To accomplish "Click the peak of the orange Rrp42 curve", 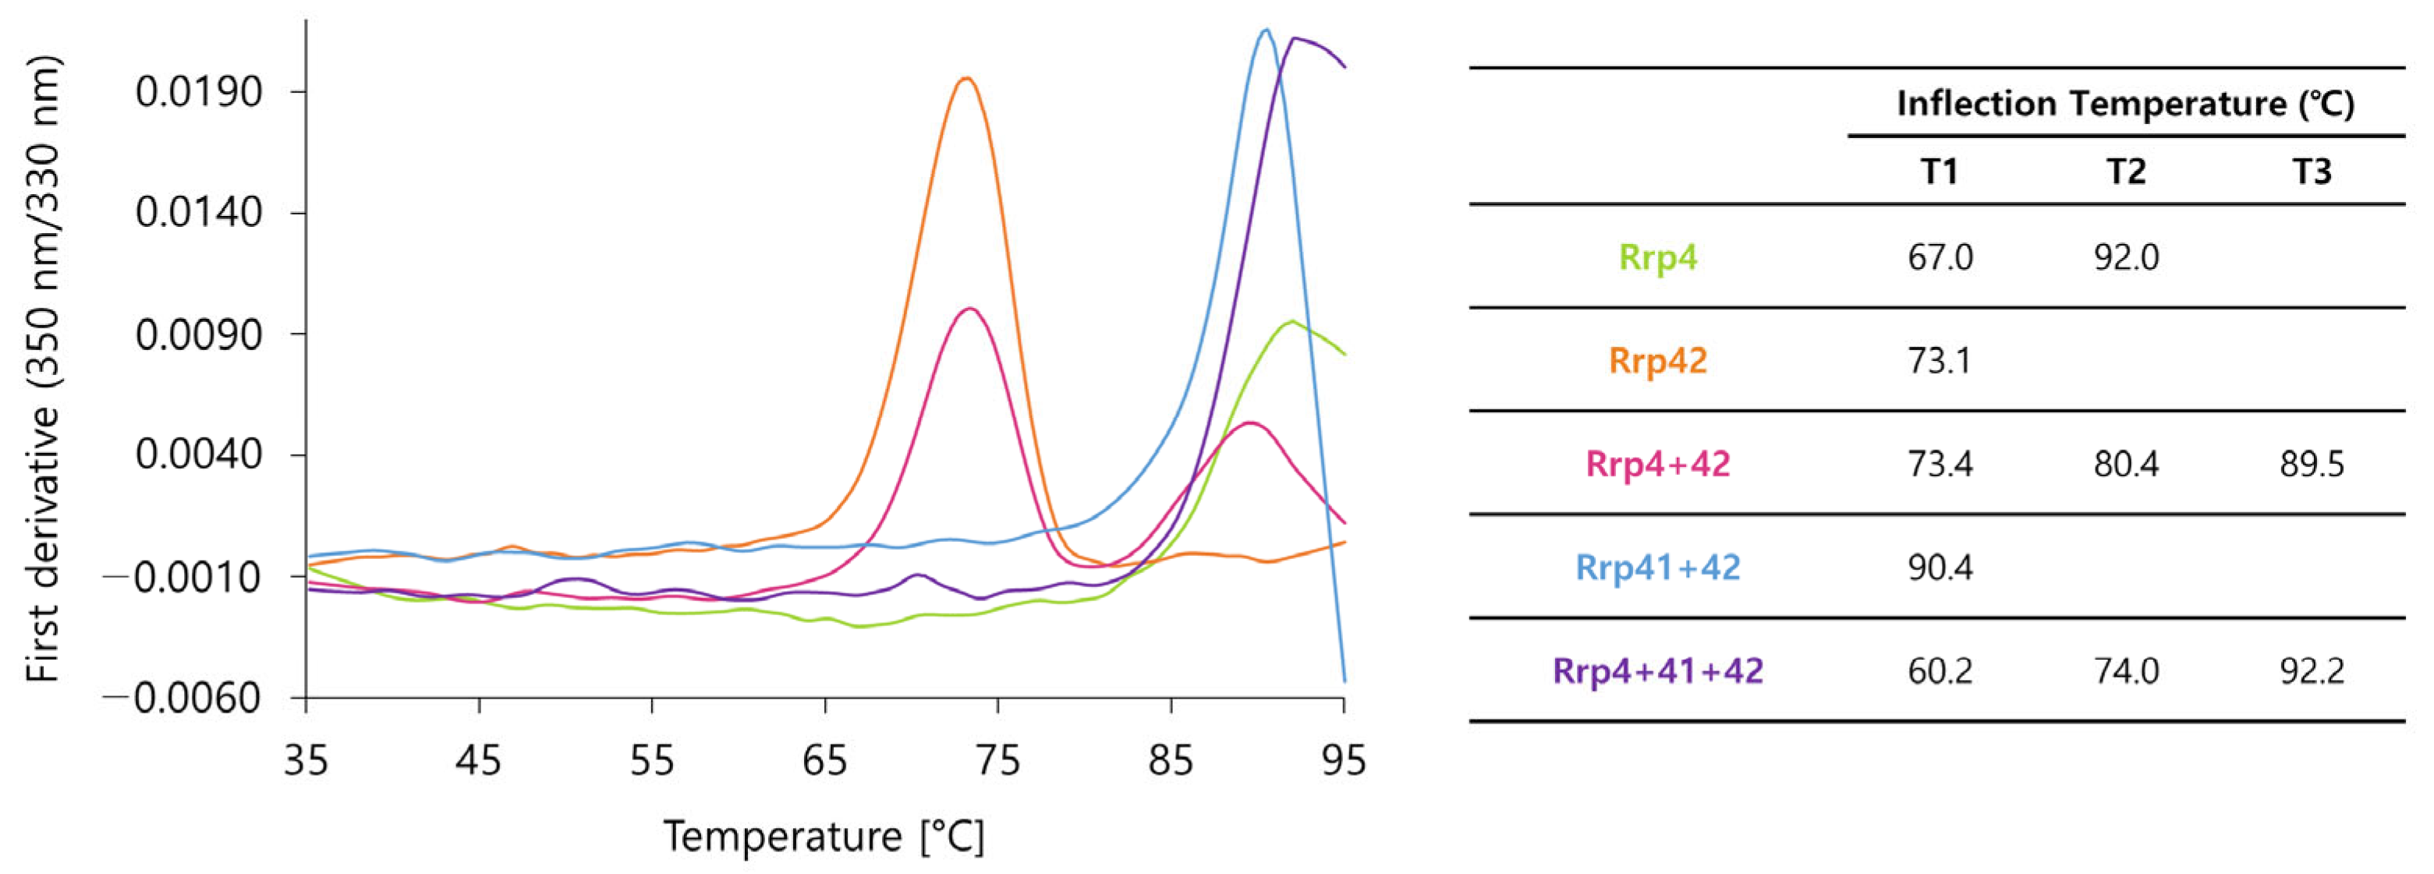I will coord(965,79).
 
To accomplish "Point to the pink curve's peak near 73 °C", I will coord(969,309).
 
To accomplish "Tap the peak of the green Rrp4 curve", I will coord(1290,321).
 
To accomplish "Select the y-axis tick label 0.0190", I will coord(198,93).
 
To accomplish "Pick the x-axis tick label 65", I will coord(825,759).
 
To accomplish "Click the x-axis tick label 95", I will coord(1343,759).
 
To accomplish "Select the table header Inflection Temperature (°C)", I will coord(2125,103).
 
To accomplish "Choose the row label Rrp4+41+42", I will coord(1658,671).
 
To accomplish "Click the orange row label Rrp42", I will coord(1658,361).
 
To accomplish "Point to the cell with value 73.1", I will coord(1940,361).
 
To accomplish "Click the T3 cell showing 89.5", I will coord(2312,464).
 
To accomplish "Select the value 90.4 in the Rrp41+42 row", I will coord(1940,568).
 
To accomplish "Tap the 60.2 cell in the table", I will coord(1940,671).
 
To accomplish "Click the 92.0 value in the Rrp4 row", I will coord(2126,257).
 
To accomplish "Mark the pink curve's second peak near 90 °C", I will coord(1250,423).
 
